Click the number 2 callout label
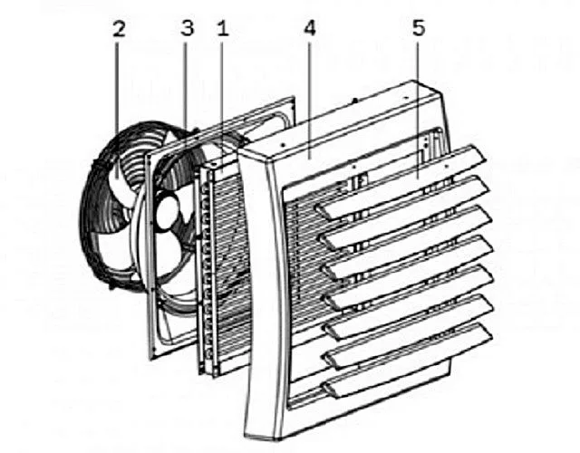tap(119, 29)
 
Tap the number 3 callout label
tap(188, 28)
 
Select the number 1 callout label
tap(223, 28)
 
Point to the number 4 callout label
tap(310, 28)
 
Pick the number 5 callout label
tap(419, 28)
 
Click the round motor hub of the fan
tap(167, 212)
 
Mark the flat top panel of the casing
tap(344, 122)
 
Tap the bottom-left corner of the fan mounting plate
tap(151, 359)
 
